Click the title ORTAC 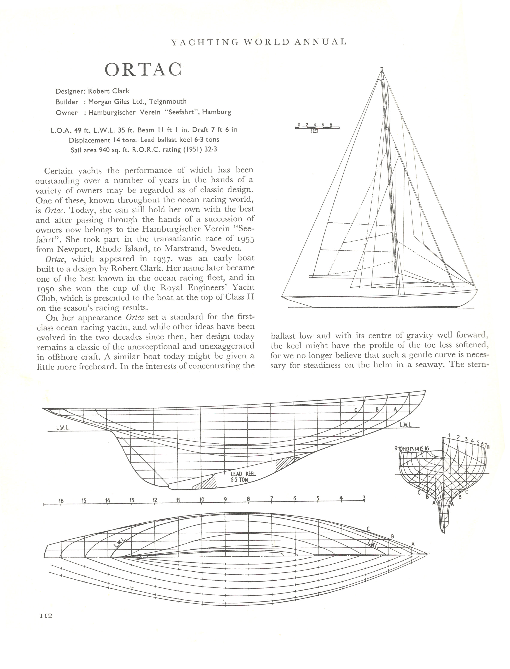click(143, 70)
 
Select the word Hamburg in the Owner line click(217, 112)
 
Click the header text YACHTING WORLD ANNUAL click(259, 42)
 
